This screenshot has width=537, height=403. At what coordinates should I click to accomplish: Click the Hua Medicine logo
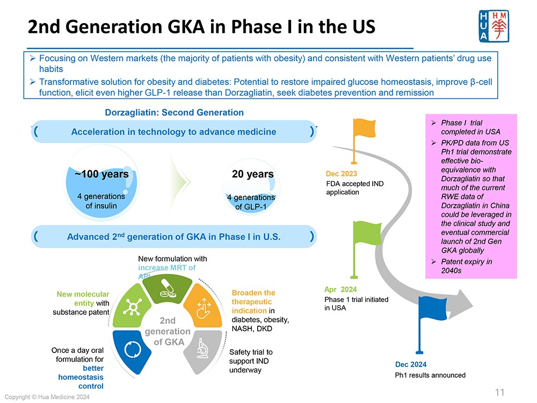[492, 27]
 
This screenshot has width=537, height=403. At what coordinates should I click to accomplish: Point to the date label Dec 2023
[342, 174]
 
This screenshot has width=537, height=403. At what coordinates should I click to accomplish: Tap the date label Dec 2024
[411, 365]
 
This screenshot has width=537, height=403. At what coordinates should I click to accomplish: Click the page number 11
[499, 392]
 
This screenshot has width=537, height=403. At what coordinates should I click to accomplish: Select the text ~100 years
[101, 174]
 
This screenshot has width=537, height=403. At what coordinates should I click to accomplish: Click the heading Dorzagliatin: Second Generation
[175, 113]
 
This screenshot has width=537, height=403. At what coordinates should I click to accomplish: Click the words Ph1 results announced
[430, 375]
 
